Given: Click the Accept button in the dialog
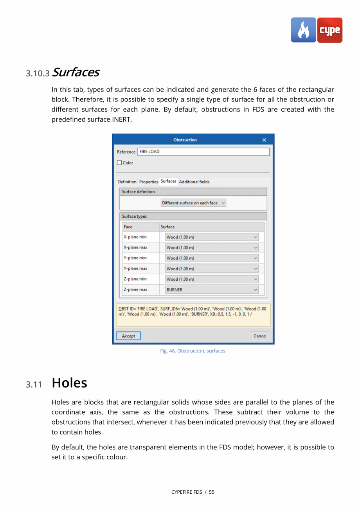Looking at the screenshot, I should coord(128,336).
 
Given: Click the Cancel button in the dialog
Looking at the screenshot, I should coord(260,336).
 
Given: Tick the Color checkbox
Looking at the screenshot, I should coord(120,163).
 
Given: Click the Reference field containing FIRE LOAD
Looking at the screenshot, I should coord(203,152).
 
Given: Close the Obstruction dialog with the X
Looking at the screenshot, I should coord(264,140).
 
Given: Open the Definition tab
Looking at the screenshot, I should coord(127,182).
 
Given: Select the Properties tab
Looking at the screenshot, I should coord(149,182).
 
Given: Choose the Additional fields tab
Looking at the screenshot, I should coord(194,182).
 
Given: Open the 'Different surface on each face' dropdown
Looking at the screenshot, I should coord(194,203).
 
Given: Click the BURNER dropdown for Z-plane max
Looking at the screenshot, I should coord(212,290).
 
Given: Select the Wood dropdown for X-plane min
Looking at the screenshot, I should coord(212,237).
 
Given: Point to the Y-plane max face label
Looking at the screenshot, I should coord(135,269).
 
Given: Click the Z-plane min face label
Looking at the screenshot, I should coord(135,279).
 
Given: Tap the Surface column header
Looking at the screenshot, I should coord(168,227).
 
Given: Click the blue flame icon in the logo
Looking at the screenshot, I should coord(303,30).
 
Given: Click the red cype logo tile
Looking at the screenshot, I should coord(330,30).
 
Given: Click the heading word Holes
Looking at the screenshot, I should coord(69,383).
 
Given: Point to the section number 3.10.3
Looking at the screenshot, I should coord(38,74).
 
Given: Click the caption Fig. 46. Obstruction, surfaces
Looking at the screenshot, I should coord(193,351).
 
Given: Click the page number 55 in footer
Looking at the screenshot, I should coord(212,492).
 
